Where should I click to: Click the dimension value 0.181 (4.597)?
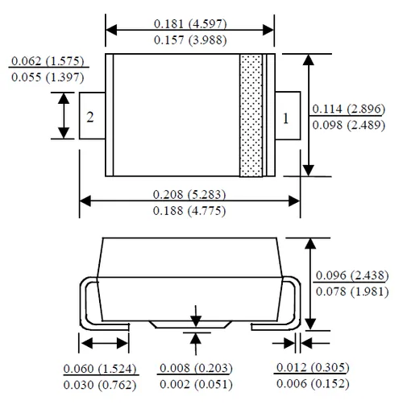point(190,23)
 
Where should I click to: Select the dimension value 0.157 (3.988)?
point(190,40)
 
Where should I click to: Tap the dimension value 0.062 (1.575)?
point(48,61)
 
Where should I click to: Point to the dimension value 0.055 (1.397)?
point(48,77)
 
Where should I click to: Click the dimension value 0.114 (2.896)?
point(349,109)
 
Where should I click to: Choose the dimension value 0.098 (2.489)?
point(349,125)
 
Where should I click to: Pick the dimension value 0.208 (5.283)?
point(189,194)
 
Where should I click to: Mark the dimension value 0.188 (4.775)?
point(189,211)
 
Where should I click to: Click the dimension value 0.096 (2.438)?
point(352,275)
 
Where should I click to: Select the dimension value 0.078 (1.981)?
point(352,291)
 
